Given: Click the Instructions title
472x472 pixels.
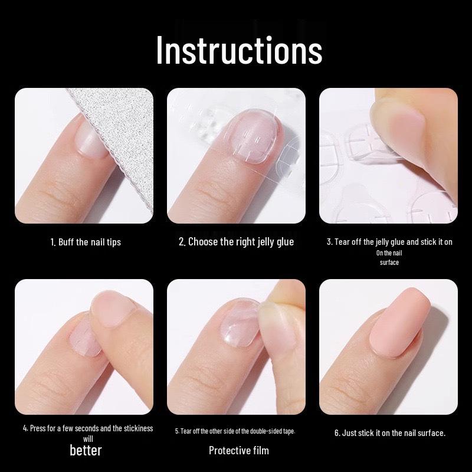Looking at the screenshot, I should [239, 50].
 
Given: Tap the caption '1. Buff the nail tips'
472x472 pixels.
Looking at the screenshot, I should [86, 242].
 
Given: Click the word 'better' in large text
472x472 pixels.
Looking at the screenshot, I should [86, 450].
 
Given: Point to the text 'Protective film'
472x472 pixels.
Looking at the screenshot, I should [238, 450].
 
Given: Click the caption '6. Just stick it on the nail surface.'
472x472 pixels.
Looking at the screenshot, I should [389, 433].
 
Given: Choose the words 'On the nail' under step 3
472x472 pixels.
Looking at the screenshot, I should [389, 253].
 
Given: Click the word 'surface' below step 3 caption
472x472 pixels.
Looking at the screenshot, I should [389, 263].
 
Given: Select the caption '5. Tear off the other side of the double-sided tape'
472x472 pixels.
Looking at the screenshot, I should [235, 431].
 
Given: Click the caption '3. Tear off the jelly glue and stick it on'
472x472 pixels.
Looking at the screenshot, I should [389, 242].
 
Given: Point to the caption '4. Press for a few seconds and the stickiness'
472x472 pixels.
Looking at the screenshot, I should [88, 428].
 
